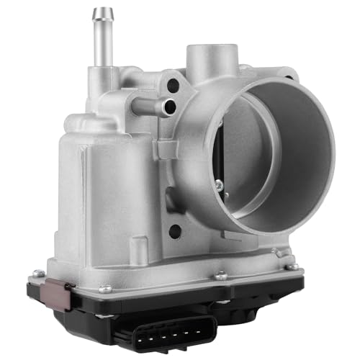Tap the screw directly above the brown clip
[x=40, y=274]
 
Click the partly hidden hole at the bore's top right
[x=288, y=73]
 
